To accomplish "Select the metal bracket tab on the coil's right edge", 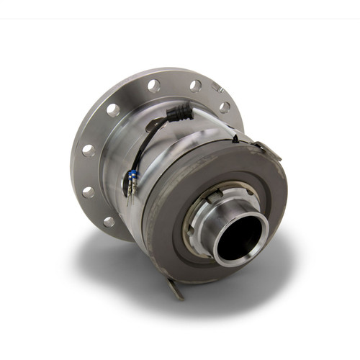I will coord(266,148).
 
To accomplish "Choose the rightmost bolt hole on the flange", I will coord(225,107).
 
